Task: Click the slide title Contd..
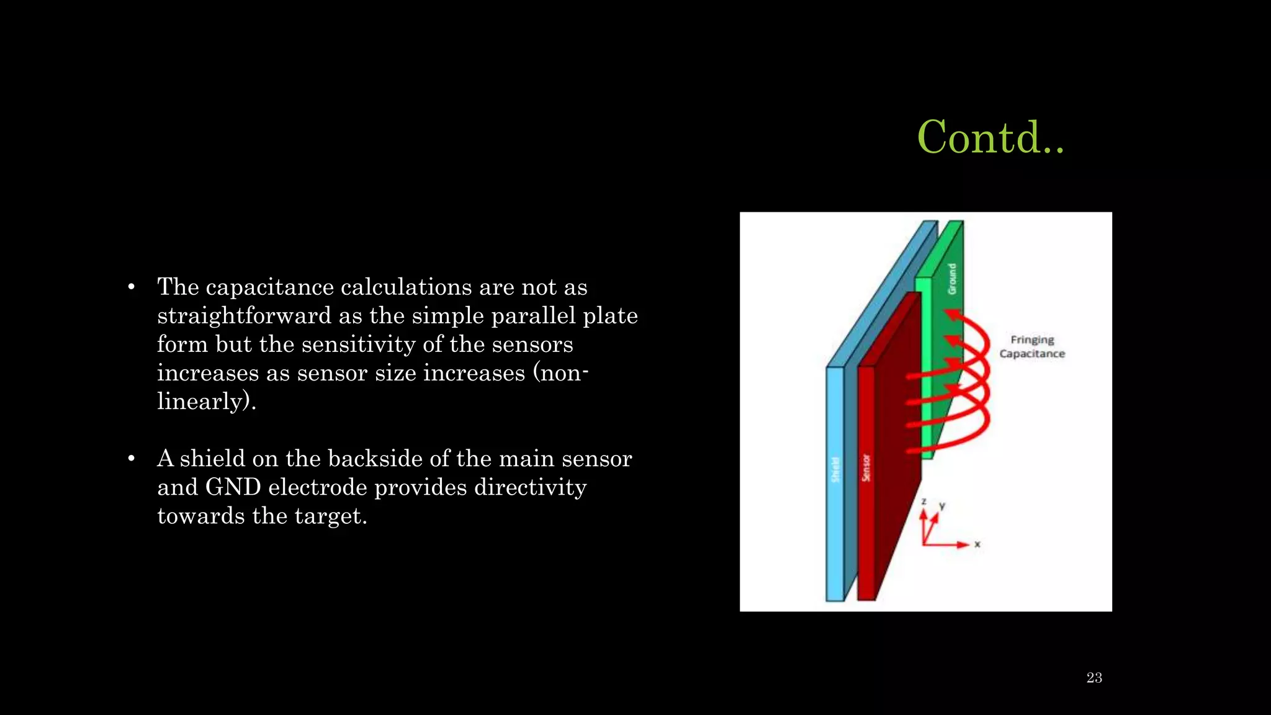(x=990, y=137)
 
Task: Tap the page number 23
(x=1094, y=678)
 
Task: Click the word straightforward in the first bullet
(x=244, y=316)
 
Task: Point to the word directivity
(x=530, y=487)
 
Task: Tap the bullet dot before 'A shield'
(x=131, y=459)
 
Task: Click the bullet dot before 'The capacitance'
(x=131, y=287)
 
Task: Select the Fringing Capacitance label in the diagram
(x=1031, y=347)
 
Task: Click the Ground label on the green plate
(x=952, y=279)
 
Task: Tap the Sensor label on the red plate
(x=866, y=467)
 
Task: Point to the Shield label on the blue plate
(x=835, y=469)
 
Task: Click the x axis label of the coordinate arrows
(x=977, y=544)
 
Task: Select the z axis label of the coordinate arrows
(x=923, y=501)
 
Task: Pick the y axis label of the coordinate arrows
(x=942, y=506)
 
